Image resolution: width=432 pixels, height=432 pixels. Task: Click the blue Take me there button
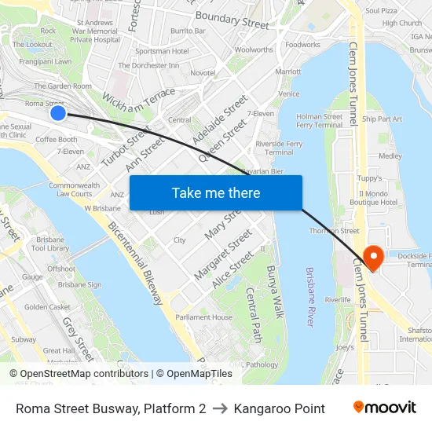(x=215, y=192)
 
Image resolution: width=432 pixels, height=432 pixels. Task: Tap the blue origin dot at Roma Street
(x=58, y=113)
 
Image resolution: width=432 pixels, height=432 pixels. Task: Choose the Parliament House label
(x=203, y=317)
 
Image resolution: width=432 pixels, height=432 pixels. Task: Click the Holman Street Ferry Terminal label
(x=320, y=120)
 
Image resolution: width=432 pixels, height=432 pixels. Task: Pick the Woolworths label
(x=254, y=49)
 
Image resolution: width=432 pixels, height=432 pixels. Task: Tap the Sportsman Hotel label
(x=162, y=51)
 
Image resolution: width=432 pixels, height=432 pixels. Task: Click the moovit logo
(x=384, y=407)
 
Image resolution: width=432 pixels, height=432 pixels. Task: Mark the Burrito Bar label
(x=189, y=31)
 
